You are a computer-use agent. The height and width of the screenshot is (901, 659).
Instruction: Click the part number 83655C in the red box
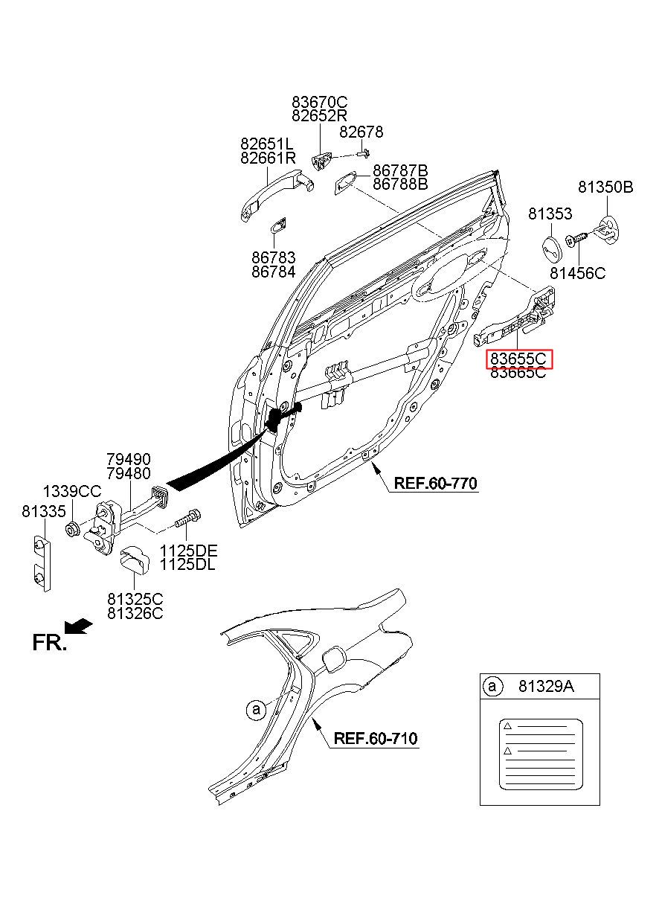tap(518, 359)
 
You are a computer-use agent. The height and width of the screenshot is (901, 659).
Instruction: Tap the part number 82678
tap(361, 132)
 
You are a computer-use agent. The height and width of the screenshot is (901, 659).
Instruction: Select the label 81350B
tap(605, 187)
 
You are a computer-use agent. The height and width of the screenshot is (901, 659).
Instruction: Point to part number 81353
tap(550, 214)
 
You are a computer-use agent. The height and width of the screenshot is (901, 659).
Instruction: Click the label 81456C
tap(577, 274)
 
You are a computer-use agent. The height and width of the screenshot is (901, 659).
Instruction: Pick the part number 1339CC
tap(72, 492)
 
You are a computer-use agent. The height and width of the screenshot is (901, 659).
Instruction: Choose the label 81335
tap(43, 511)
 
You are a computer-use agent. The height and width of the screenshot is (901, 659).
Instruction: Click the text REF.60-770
tap(435, 483)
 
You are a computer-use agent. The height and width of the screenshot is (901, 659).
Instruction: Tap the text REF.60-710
tap(376, 738)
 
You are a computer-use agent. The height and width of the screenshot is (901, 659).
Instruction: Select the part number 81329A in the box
tap(546, 686)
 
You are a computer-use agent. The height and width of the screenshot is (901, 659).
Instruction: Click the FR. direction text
tap(49, 642)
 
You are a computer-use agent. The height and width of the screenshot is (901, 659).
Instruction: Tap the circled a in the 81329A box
tap(492, 686)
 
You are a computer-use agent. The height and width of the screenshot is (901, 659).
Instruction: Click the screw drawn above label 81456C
tap(576, 240)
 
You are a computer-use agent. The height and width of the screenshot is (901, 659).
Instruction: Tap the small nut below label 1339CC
tap(72, 528)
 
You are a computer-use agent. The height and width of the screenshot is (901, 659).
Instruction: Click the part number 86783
tap(274, 257)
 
